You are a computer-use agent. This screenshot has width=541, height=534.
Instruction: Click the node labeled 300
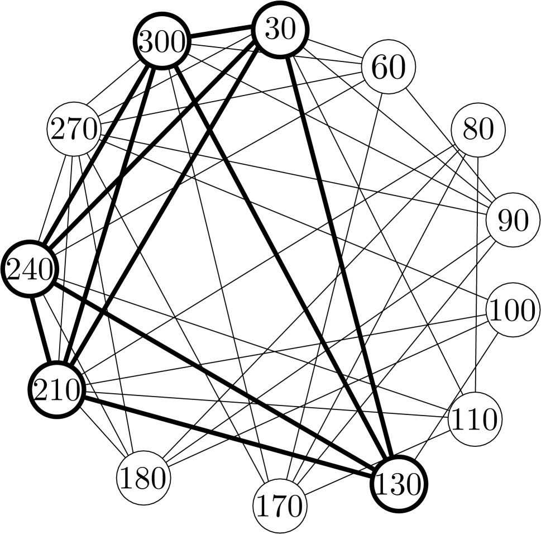point(162,42)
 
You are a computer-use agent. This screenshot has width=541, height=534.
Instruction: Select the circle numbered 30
point(280,30)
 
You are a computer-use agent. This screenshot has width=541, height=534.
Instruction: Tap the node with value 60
point(389,68)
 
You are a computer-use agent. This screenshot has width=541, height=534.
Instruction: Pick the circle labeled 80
point(478,130)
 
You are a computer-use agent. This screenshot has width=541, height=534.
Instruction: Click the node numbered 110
point(475,419)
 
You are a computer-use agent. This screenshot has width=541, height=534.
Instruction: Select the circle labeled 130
point(398,484)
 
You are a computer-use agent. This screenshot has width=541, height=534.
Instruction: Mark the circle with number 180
point(143,478)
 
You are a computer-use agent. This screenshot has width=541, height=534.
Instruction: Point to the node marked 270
point(74,130)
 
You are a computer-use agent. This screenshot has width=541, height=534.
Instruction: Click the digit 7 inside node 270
point(74,130)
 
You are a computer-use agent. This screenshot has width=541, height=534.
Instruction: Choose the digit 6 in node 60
point(380,68)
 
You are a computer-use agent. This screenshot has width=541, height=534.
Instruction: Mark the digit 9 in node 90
point(505,221)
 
